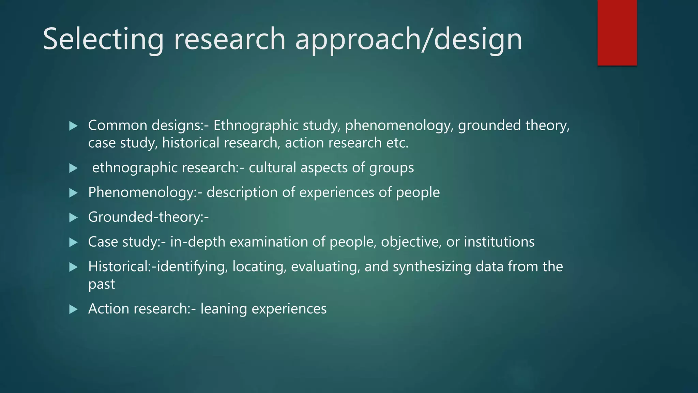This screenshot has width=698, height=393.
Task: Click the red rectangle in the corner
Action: click(617, 32)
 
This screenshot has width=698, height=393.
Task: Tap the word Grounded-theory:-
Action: click(148, 217)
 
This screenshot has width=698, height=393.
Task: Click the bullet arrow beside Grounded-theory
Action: click(73, 218)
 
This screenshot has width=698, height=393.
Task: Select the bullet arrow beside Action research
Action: click(73, 309)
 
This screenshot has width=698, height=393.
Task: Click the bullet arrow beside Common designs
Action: click(73, 126)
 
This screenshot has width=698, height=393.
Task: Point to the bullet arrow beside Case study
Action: click(73, 243)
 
